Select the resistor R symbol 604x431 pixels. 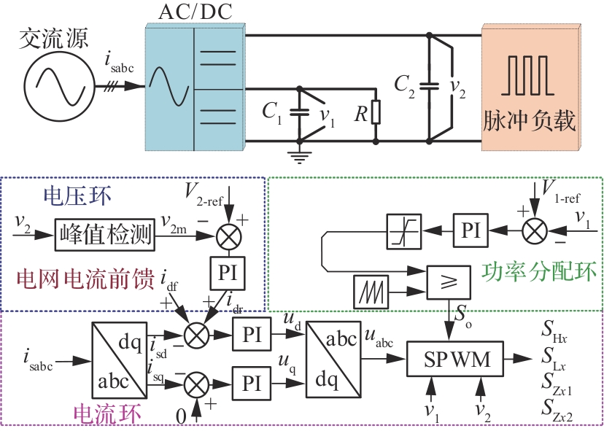[375, 113]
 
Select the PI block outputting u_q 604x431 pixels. [252, 381]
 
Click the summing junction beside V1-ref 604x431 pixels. [535, 229]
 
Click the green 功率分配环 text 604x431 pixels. [540, 271]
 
